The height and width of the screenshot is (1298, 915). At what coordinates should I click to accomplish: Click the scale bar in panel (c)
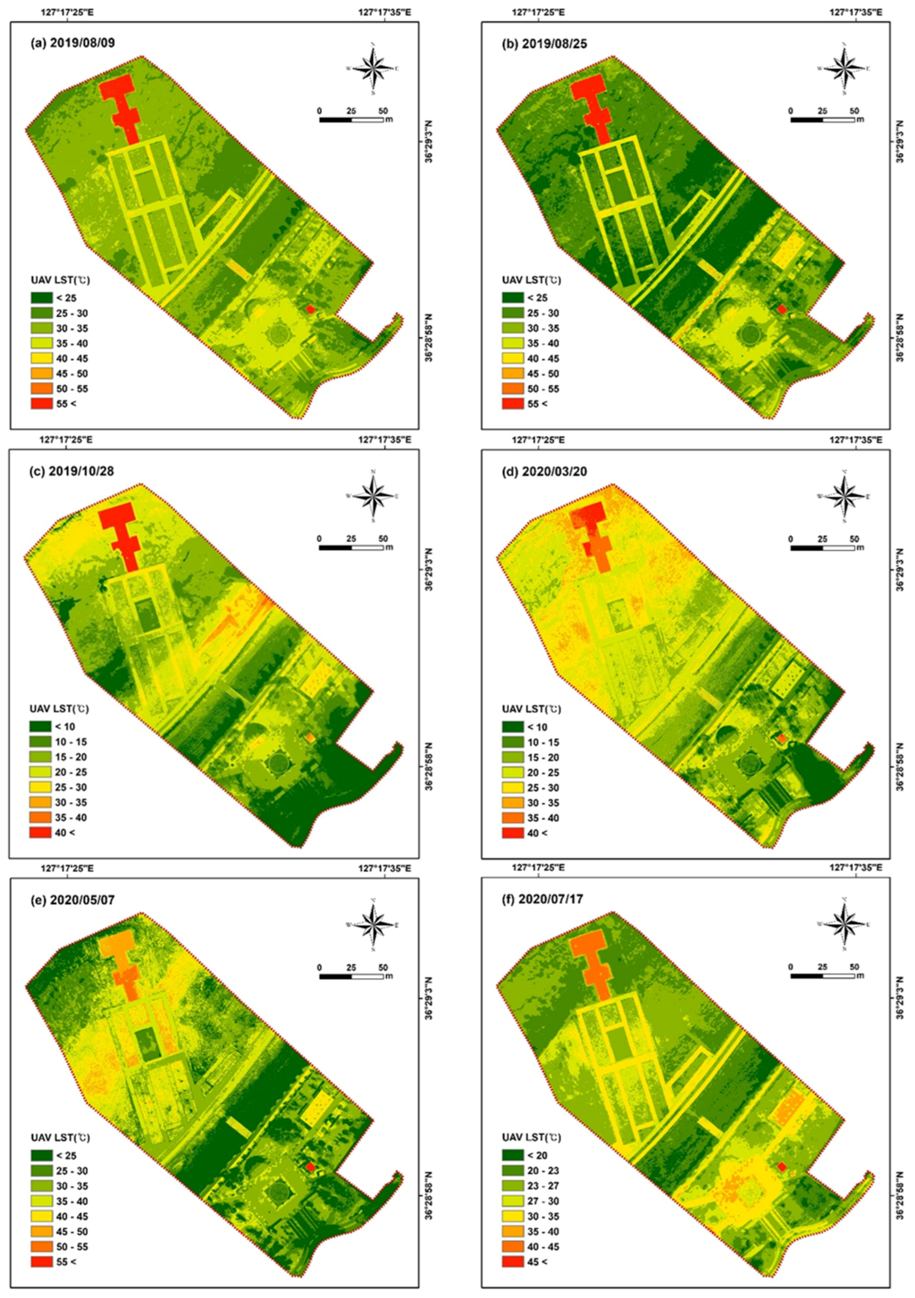351,547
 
